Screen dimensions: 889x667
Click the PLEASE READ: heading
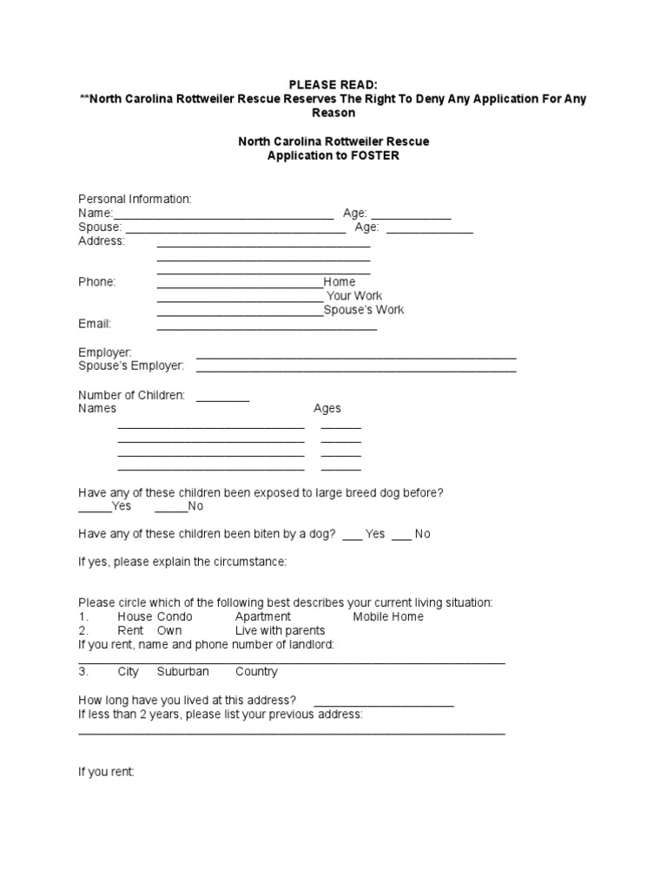tap(333, 84)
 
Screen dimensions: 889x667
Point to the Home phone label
tap(340, 282)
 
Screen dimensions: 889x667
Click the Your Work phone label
tap(354, 296)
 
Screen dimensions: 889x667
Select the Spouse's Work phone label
tap(364, 310)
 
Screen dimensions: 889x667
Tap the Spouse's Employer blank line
tap(356, 370)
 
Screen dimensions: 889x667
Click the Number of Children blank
tap(222, 398)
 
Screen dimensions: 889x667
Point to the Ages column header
tap(327, 408)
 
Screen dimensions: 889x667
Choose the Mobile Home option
tap(388, 616)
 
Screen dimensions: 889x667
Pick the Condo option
tap(175, 616)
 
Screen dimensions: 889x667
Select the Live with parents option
tap(280, 630)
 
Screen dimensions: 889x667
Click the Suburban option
tap(183, 672)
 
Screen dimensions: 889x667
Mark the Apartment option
tap(263, 616)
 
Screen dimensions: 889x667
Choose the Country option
tap(256, 672)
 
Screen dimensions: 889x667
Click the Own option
tap(169, 630)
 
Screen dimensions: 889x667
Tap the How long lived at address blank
tap(384, 704)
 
